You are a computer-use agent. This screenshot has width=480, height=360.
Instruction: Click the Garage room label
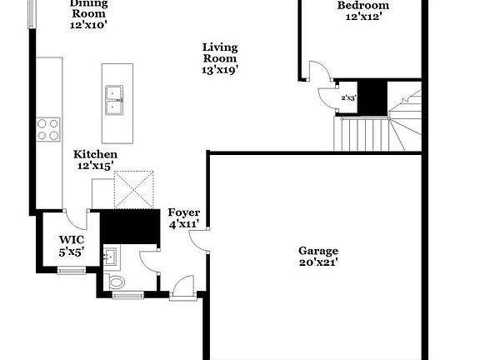(x=318, y=251)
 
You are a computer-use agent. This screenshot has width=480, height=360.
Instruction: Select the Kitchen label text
(x=95, y=155)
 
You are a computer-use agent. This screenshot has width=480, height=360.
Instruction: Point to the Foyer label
(x=182, y=212)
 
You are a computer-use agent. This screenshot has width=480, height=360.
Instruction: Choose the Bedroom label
(x=363, y=6)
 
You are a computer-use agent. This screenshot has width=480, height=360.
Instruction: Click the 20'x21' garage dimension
(x=318, y=262)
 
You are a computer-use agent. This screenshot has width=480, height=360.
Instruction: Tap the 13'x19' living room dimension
(x=220, y=70)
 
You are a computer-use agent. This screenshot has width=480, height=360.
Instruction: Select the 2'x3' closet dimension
(x=348, y=98)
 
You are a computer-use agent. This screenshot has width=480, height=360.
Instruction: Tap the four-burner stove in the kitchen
(x=48, y=128)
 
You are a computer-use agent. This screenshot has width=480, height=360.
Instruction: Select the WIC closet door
(x=77, y=218)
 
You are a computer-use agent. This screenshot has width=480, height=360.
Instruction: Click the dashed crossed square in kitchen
(x=136, y=188)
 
